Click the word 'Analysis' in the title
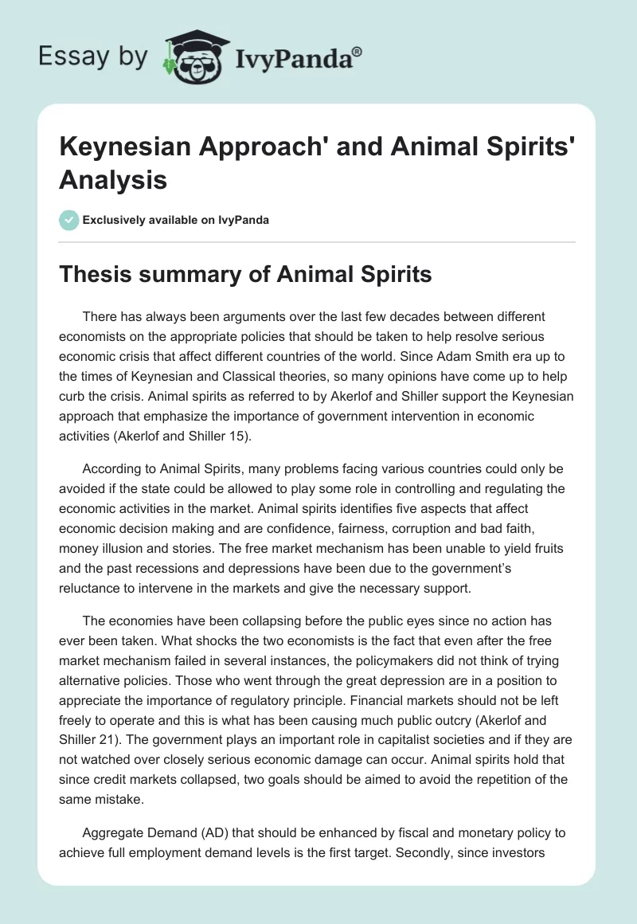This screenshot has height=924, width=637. (112, 180)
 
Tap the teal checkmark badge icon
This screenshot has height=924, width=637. (69, 220)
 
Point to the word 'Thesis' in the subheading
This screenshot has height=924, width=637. (96, 275)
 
